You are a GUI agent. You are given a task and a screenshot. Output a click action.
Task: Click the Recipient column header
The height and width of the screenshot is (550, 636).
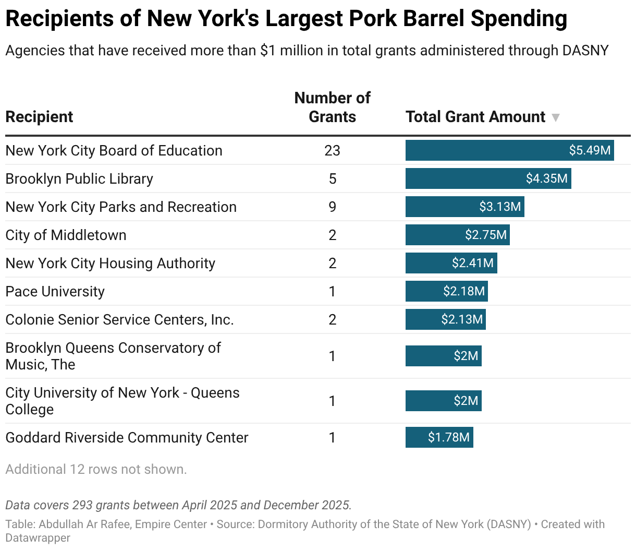(39, 117)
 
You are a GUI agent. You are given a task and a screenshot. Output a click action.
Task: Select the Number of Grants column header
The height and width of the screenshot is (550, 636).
(332, 107)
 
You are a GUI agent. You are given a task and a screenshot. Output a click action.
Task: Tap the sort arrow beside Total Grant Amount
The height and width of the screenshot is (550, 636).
(556, 117)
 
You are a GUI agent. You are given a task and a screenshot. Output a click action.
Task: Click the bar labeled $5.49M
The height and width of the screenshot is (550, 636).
(509, 150)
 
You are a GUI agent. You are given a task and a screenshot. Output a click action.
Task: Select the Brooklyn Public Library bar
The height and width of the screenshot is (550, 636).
(488, 178)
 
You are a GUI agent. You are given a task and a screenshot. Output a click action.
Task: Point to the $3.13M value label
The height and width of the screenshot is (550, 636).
(499, 207)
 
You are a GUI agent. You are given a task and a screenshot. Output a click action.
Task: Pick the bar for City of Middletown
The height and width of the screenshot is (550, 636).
(457, 235)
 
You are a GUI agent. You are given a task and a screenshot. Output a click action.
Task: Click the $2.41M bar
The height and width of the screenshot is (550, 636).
(451, 263)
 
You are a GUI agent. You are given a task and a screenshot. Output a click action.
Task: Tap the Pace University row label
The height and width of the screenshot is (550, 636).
(55, 291)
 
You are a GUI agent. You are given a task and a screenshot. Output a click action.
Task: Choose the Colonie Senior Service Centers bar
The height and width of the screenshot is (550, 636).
(445, 319)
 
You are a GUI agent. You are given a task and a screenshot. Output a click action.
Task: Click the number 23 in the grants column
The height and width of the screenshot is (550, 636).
(332, 150)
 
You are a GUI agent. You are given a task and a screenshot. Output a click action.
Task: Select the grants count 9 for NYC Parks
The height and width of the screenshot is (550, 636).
(332, 207)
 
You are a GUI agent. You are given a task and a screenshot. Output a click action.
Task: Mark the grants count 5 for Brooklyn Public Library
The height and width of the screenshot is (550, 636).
(332, 178)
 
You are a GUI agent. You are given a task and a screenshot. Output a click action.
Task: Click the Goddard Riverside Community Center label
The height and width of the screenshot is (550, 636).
(127, 437)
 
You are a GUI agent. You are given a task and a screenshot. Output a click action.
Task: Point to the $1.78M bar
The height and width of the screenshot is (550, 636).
(439, 437)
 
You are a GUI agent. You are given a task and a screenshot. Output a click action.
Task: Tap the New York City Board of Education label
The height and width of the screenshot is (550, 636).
(114, 150)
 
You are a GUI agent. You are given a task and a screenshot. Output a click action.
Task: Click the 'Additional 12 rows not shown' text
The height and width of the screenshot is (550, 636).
(96, 469)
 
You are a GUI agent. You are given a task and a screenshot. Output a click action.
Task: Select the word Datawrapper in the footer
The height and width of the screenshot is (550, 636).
(38, 537)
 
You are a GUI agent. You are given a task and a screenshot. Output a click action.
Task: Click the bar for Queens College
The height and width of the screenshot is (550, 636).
(443, 401)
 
